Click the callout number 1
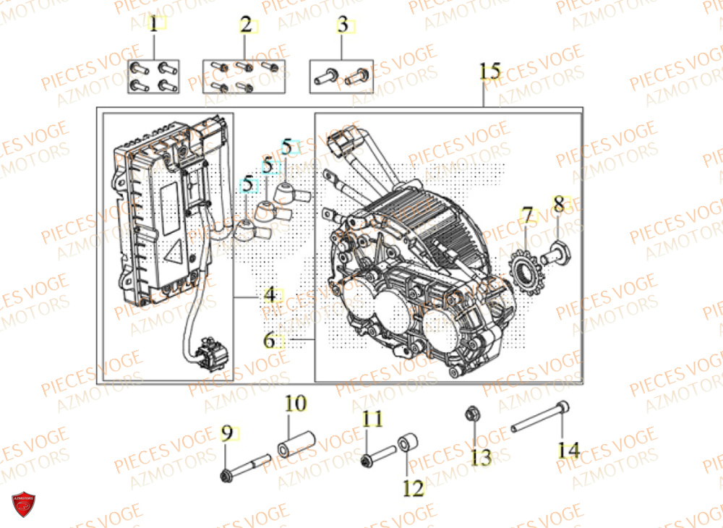pos(153,26)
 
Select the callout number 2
pos(246,26)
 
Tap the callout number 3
pos(343,26)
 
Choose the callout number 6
pos(269,340)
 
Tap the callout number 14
pos(568,449)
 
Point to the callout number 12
pos(413,489)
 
